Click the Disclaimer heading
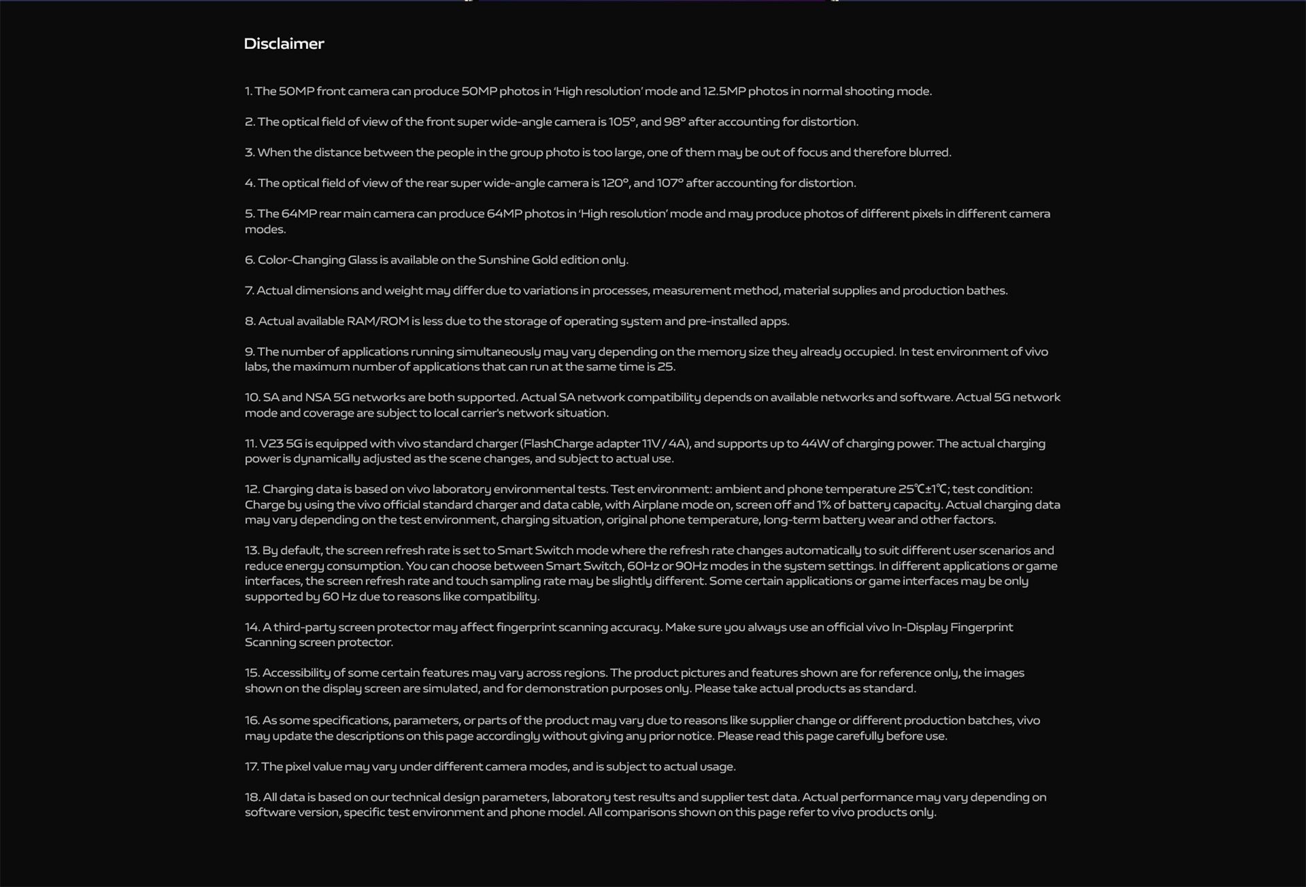(284, 44)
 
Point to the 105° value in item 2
(622, 122)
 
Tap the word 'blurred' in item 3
(928, 152)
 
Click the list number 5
(249, 214)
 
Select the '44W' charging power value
(814, 443)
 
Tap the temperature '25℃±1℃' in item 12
(922, 489)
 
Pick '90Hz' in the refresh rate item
(692, 566)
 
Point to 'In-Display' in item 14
(919, 627)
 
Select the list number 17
(251, 767)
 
